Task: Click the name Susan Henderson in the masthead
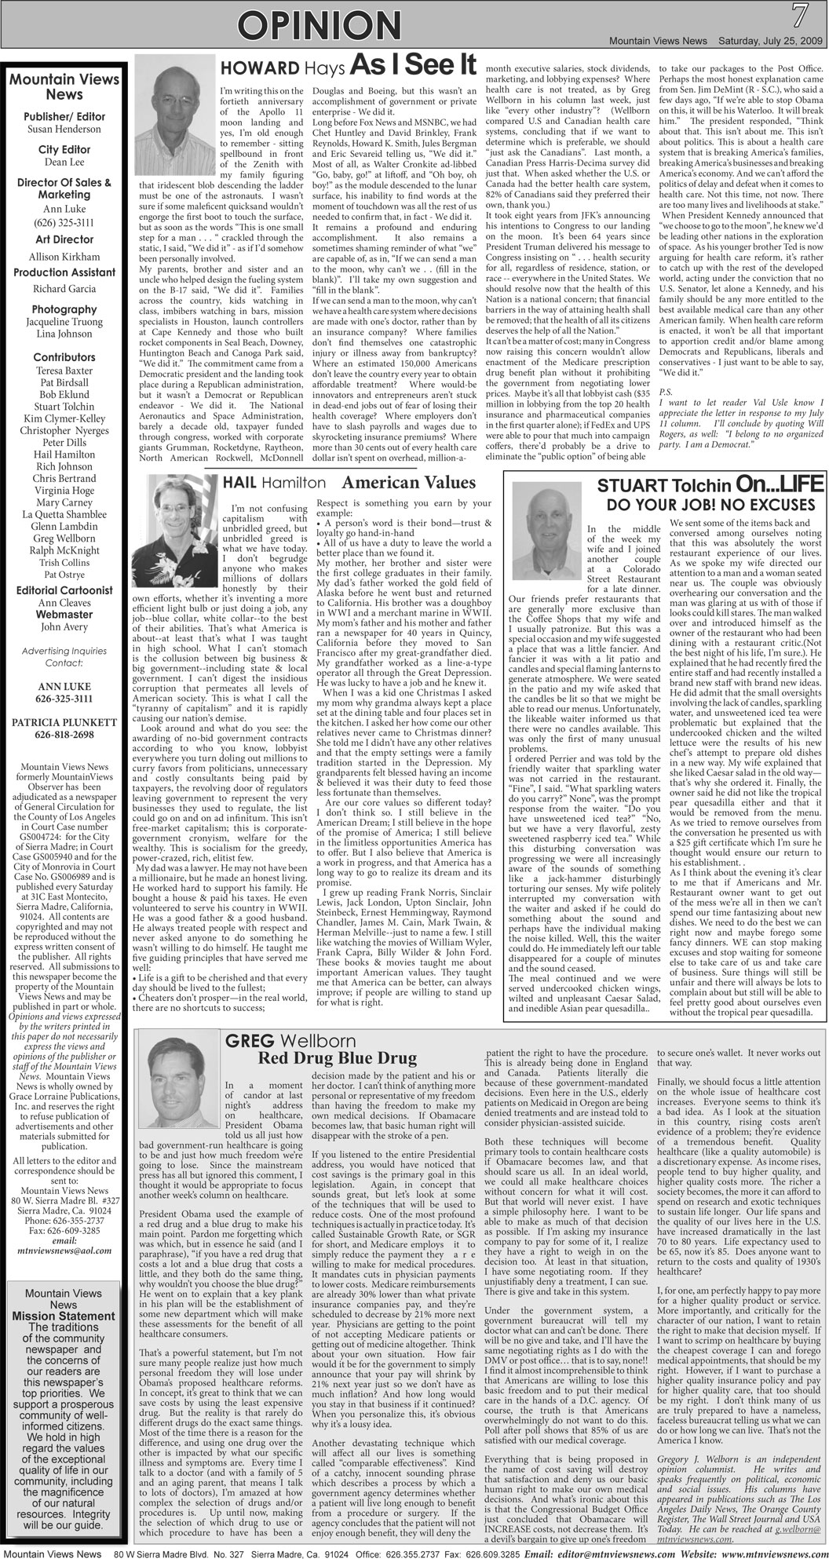64,129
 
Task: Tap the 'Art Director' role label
64,239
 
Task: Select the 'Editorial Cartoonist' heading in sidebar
64,590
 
